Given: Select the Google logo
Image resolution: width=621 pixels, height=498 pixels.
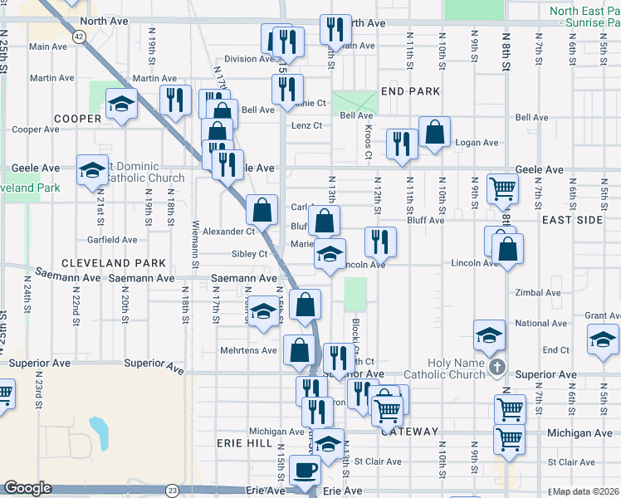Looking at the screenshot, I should [x=27, y=488].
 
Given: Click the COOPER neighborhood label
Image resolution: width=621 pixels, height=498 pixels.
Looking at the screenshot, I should [x=77, y=119].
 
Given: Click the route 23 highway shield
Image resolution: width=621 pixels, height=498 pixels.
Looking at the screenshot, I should [x=172, y=491].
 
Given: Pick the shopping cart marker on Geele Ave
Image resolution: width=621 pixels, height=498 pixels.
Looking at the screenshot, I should [x=502, y=188].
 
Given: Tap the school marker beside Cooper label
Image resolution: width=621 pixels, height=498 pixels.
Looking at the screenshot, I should [x=121, y=105].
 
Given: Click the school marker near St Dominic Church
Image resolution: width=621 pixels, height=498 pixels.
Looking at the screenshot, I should [x=92, y=170].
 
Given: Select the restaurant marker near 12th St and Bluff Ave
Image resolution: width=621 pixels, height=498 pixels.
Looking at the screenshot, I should [x=380, y=241].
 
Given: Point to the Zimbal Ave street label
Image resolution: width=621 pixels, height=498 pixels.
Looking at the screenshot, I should [x=537, y=293].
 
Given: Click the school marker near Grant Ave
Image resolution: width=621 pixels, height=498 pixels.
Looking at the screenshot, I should [x=603, y=339].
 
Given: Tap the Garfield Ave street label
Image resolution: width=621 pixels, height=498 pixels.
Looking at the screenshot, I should [x=112, y=240].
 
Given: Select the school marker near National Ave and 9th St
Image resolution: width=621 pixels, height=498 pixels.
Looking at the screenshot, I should [x=489, y=334].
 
